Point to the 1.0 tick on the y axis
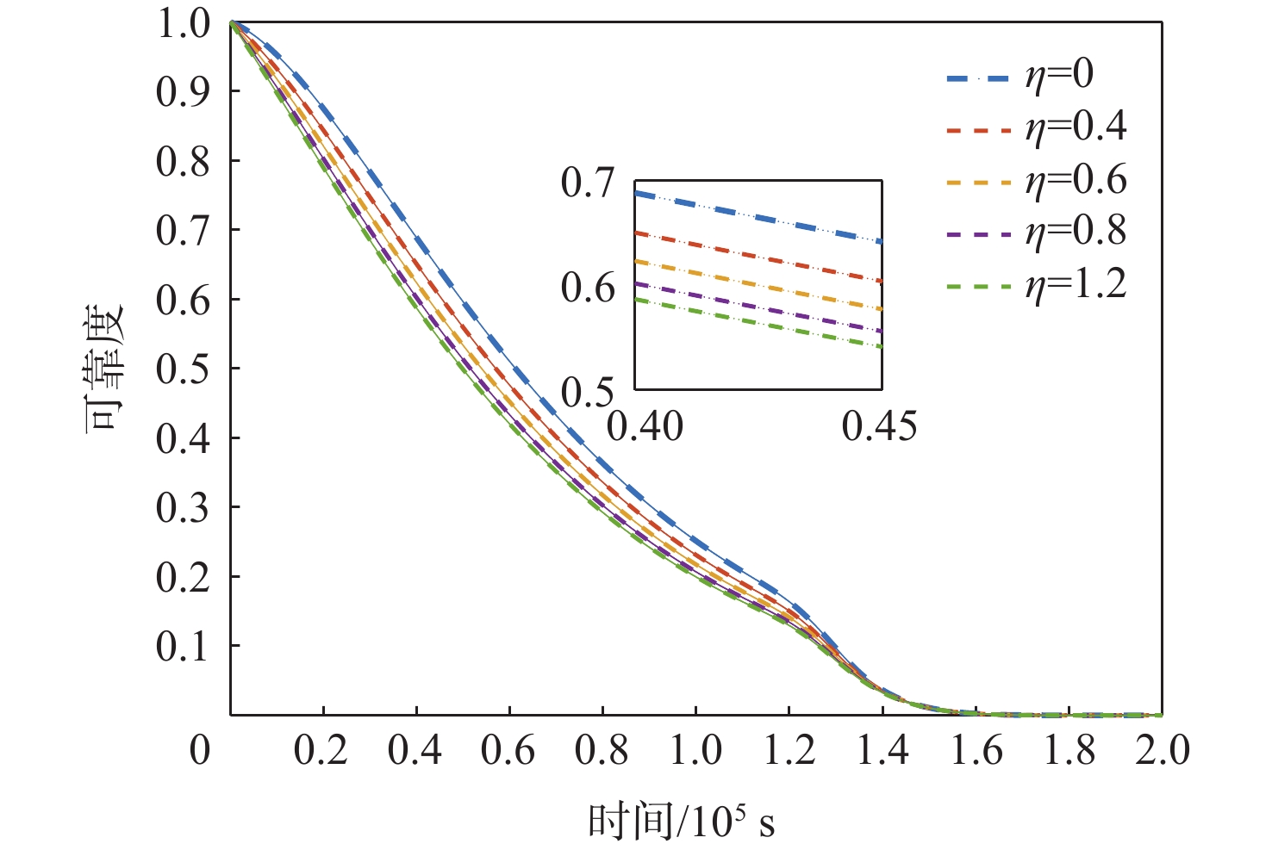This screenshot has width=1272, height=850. [183, 23]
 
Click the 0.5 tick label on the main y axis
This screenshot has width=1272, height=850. [183, 369]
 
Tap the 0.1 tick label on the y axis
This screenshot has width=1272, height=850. [183, 646]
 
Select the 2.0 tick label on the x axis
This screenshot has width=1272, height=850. [1162, 751]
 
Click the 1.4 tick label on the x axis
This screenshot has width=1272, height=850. [882, 751]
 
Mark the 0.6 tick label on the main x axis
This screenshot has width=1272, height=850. [509, 751]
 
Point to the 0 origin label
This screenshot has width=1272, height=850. [200, 751]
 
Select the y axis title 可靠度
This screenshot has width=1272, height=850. [105, 369]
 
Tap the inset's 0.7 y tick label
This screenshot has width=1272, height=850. [588, 183]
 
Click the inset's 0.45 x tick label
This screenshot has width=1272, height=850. [880, 426]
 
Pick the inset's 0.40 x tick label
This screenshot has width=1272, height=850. [645, 426]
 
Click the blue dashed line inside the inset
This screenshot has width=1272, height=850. [758, 217]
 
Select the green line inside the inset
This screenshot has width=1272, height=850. [758, 323]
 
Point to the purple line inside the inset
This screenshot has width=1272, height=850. [758, 307]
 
